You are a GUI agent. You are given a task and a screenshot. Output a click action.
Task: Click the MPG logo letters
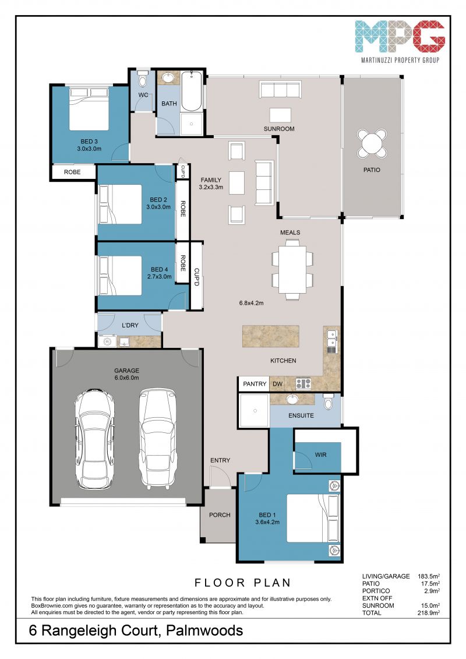tap(400, 37)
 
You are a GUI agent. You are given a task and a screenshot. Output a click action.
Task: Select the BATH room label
tap(170, 103)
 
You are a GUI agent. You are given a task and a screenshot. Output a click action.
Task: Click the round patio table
tap(372, 143)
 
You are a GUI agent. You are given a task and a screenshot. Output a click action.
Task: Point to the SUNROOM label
tap(279, 129)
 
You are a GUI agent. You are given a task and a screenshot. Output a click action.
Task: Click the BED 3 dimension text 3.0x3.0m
tap(89, 149)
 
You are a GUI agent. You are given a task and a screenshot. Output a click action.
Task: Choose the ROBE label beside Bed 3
tap(72, 172)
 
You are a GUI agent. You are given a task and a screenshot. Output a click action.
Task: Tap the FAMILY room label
tap(211, 180)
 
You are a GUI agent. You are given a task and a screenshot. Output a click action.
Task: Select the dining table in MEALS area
tap(292, 269)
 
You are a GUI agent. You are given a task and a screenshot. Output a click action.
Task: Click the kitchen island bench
tap(271, 336)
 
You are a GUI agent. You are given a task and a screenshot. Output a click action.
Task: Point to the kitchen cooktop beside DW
tap(303, 383)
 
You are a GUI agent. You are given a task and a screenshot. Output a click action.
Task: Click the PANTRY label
tap(255, 384)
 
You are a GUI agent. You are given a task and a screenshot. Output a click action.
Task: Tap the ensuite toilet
tap(329, 401)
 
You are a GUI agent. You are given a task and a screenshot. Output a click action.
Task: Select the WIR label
tap(320, 454)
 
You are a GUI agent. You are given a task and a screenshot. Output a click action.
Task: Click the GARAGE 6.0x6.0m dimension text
tap(127, 378)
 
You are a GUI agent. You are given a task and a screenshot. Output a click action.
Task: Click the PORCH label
tap(220, 515)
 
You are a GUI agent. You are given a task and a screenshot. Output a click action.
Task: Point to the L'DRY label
tap(130, 325)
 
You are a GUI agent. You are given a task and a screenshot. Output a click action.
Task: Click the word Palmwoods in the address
tap(204, 631)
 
